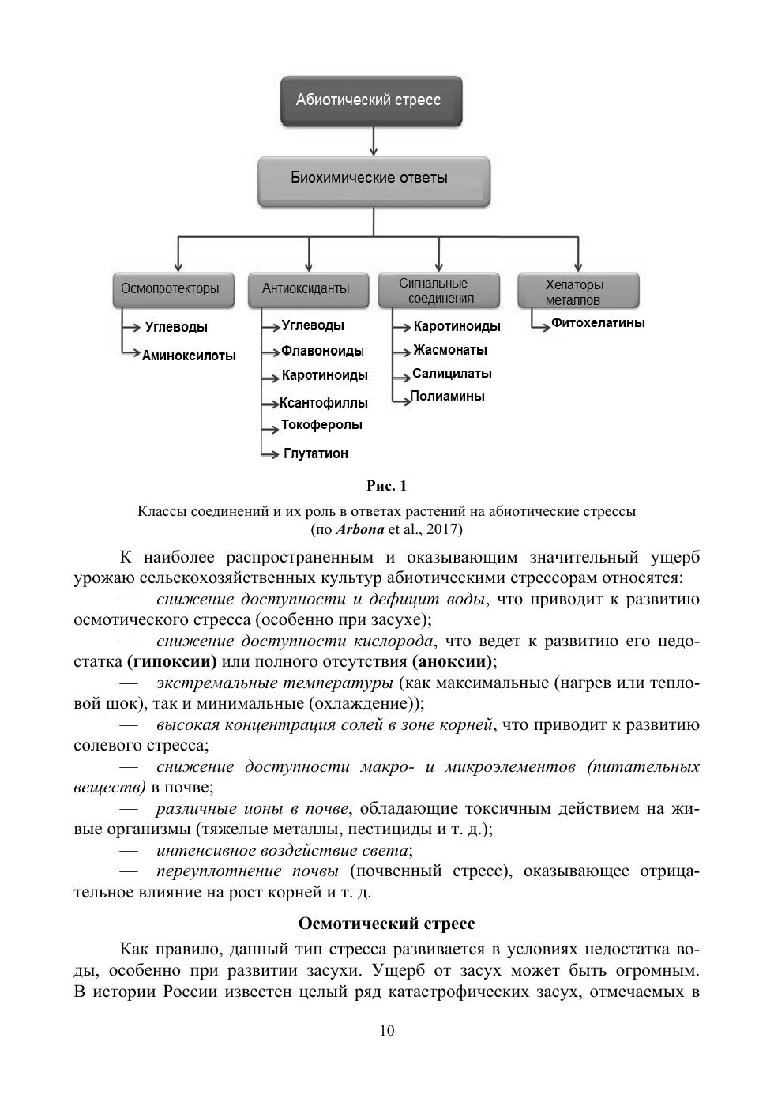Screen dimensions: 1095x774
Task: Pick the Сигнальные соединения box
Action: pyautogui.click(x=438, y=291)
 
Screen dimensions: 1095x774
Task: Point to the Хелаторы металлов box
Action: pyautogui.click(x=578, y=292)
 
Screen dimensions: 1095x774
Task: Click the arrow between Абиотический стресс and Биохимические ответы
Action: pyautogui.click(x=374, y=141)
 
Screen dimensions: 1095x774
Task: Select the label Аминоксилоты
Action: pyautogui.click(x=189, y=356)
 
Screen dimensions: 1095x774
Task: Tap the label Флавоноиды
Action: pyautogui.click(x=322, y=351)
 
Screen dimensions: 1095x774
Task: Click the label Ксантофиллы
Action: pyautogui.click(x=323, y=403)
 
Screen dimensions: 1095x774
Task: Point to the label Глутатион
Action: pyautogui.click(x=315, y=453)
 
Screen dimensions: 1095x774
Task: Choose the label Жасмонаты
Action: pyautogui.click(x=449, y=350)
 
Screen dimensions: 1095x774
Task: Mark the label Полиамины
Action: pyautogui.click(x=447, y=397)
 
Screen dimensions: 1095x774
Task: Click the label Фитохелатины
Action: pyautogui.click(x=597, y=323)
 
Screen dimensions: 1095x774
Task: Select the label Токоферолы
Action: pyautogui.click(x=321, y=425)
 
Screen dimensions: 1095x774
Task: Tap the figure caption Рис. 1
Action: pyautogui.click(x=387, y=485)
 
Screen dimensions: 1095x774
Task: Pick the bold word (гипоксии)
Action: pyautogui.click(x=171, y=660)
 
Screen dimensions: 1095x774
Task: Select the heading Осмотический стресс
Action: pyautogui.click(x=387, y=923)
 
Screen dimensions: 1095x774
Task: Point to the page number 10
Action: pyautogui.click(x=387, y=1030)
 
